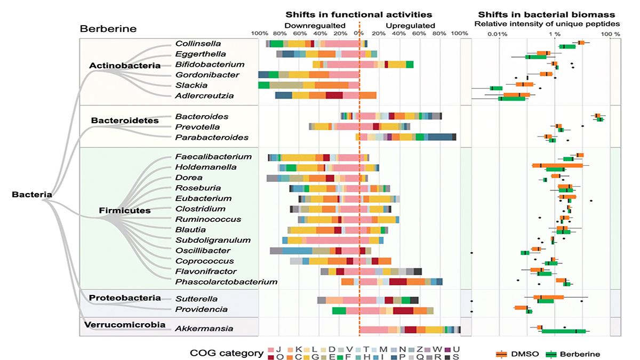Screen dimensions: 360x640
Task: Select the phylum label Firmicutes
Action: point(125,210)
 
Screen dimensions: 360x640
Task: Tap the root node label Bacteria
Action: point(31,195)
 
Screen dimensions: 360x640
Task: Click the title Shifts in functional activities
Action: point(359,14)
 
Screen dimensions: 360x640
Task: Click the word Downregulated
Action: point(315,25)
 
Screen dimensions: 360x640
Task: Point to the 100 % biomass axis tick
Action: point(611,34)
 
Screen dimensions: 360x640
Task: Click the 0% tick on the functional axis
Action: point(359,34)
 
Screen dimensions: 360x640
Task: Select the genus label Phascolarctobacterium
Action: point(226,282)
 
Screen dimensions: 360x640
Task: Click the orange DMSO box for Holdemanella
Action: point(557,165)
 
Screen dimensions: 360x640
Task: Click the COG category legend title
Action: point(226,353)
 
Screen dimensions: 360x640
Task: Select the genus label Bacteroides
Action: point(202,116)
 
